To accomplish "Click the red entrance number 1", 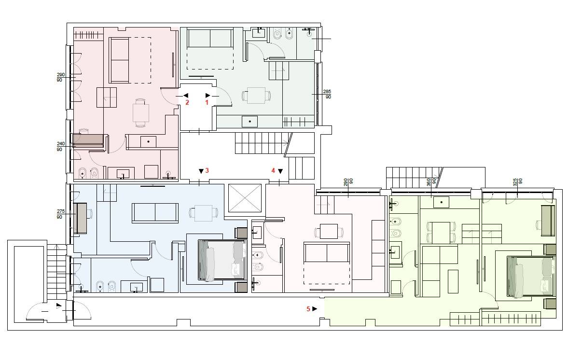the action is point(207,102).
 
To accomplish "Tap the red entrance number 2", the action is point(187,102).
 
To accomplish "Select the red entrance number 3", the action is point(207,170).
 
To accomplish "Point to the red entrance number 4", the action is point(274,170).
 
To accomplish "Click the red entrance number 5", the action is point(308,309).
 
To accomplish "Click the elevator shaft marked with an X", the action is point(245,198).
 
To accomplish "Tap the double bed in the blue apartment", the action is point(222,260).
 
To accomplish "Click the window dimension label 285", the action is point(327,92).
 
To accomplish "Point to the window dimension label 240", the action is point(60,144).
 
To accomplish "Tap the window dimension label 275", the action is point(60,211).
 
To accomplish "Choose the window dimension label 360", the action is point(429,182).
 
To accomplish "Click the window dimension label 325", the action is point(515,182).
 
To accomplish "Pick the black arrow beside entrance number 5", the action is point(315,309).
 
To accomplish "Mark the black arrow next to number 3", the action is point(201,171).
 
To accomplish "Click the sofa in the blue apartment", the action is point(155,213).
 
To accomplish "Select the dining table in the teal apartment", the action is point(256,96).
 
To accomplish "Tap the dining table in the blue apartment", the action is point(203,213).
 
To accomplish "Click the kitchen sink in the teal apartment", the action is point(249,121).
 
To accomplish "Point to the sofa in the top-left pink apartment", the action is point(119,60).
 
